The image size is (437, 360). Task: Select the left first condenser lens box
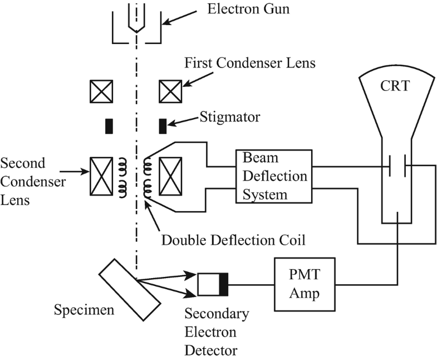101,91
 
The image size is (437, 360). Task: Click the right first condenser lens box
170,91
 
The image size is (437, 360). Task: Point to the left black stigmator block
109,126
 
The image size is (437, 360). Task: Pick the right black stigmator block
163,126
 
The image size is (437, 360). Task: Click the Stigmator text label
229,118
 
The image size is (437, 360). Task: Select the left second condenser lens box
101,176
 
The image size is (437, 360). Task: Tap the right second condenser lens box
170,176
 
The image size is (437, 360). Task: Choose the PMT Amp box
304,284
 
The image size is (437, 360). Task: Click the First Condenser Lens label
250,62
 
